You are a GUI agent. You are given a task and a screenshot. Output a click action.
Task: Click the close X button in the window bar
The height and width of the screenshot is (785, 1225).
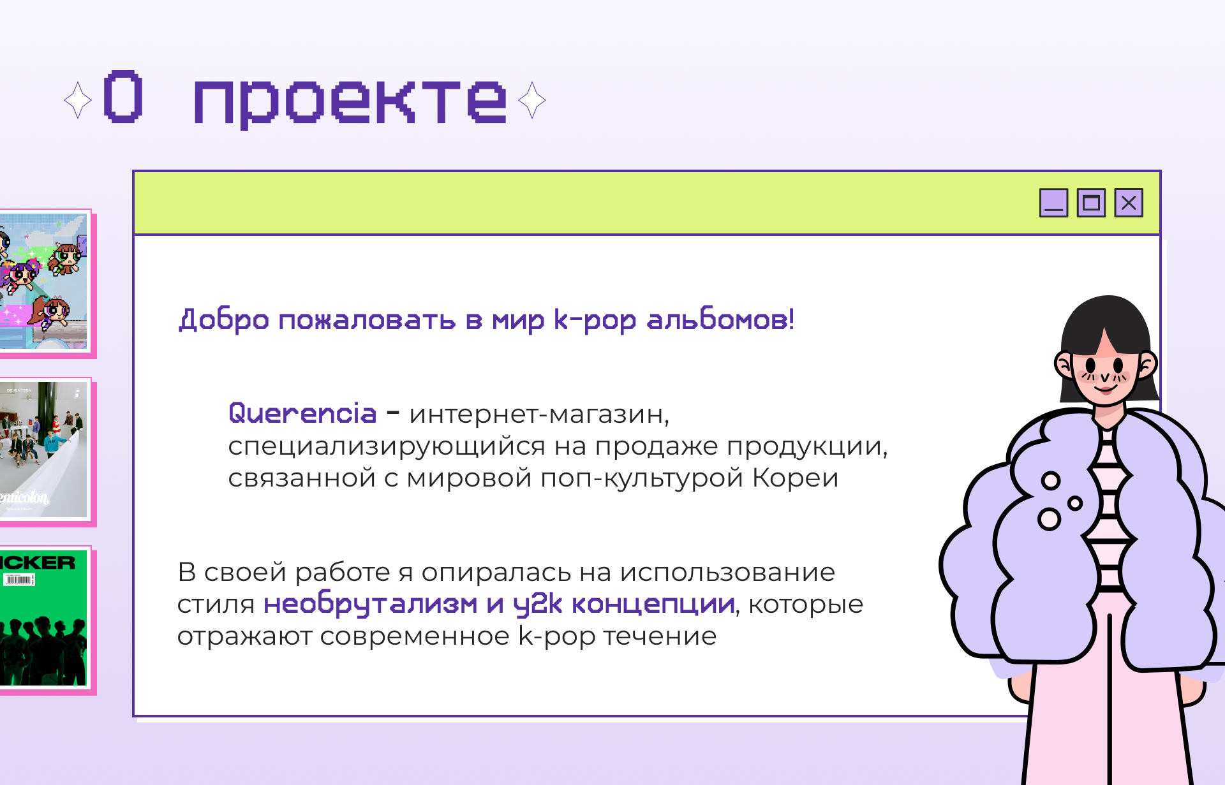[x=1129, y=203]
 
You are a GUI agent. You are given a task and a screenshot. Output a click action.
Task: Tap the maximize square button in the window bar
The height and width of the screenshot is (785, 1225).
[x=1091, y=203]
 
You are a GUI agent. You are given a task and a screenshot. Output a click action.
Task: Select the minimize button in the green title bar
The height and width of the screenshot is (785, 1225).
[x=1053, y=203]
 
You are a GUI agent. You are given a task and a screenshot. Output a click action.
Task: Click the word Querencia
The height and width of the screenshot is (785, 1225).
[x=302, y=413]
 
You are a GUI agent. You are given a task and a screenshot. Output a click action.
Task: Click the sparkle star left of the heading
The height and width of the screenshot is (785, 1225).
[x=78, y=100]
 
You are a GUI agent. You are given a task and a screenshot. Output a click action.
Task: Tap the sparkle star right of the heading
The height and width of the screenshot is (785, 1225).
[x=532, y=100]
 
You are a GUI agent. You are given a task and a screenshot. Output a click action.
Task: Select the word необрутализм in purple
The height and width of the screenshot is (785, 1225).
[x=370, y=604]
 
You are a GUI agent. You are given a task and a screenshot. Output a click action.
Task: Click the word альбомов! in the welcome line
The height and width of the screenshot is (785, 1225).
[x=720, y=319]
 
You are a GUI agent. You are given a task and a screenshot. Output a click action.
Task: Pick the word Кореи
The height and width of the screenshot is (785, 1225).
[x=795, y=478]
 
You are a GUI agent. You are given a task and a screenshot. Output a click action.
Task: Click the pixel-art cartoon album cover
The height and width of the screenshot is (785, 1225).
[x=43, y=281]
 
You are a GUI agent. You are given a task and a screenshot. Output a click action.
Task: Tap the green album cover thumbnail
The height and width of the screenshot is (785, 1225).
[x=43, y=618]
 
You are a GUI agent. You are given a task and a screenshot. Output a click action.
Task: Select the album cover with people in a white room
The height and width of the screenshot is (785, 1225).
[x=43, y=450]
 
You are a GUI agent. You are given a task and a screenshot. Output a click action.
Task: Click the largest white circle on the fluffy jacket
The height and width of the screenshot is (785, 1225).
[x=1050, y=519]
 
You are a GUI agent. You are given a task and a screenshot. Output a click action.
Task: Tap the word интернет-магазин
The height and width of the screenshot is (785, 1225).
[x=539, y=415]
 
